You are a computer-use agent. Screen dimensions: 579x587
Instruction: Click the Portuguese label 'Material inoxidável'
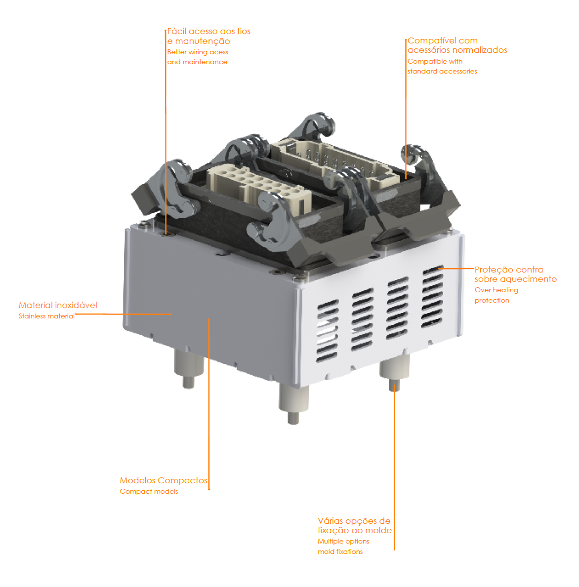(58, 305)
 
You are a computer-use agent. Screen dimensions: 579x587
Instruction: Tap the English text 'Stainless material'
(46, 316)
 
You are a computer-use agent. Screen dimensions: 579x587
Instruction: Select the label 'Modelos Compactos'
(164, 480)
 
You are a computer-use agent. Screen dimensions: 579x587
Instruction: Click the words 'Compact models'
(149, 492)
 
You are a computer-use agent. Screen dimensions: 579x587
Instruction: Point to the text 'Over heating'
(496, 290)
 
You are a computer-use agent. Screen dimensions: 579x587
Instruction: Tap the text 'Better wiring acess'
(198, 52)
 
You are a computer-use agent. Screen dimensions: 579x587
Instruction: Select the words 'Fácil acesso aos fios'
(208, 31)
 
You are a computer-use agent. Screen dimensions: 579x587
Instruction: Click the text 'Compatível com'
(442, 40)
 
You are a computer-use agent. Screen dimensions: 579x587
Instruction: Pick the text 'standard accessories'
(442, 71)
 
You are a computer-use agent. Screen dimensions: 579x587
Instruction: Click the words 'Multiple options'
(343, 541)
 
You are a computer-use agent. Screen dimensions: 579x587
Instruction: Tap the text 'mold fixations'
(340, 551)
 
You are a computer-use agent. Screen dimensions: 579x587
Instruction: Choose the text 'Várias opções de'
(354, 521)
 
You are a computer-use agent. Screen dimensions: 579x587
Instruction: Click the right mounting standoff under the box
(394, 372)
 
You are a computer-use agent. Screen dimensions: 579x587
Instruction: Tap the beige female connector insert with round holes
(258, 187)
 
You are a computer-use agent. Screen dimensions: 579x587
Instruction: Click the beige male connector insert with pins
(333, 163)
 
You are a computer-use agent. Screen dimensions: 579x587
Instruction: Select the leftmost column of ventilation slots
(328, 331)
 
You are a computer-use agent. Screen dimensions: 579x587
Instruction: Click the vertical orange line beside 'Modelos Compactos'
(209, 404)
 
